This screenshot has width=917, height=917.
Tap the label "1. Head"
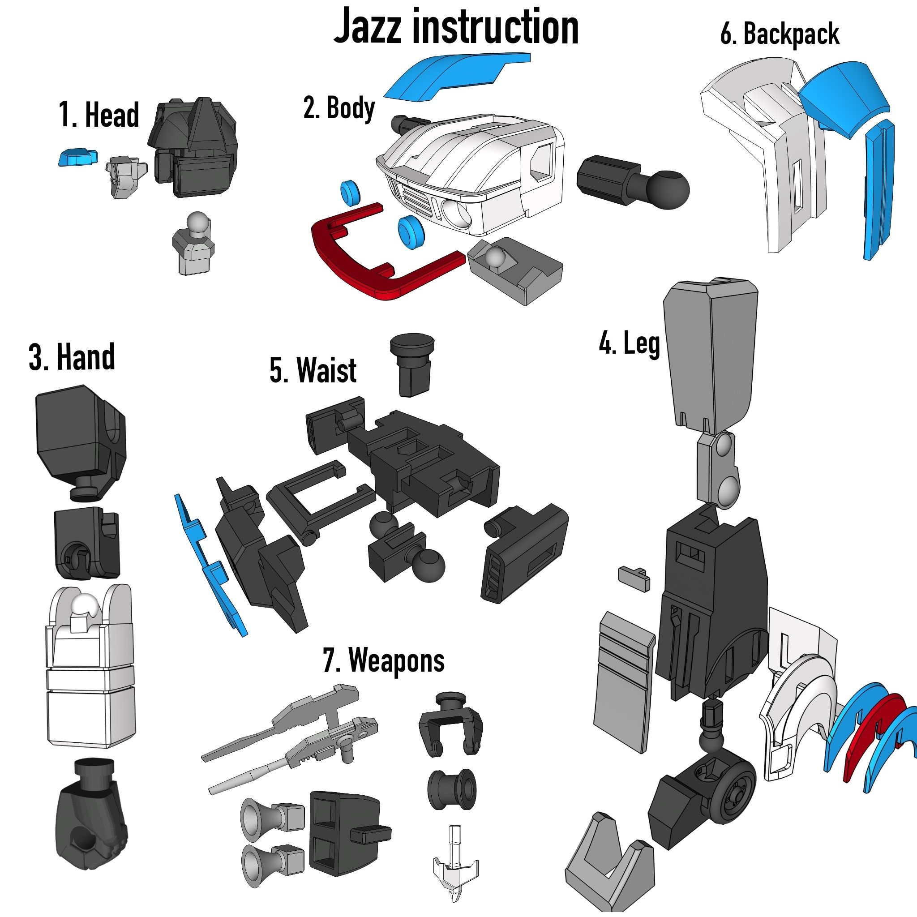[x=99, y=115]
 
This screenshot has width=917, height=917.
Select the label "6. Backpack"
[x=780, y=34]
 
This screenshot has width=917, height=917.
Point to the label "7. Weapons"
[x=384, y=661]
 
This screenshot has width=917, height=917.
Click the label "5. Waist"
[x=313, y=370]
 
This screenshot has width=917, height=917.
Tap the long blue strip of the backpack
[x=878, y=190]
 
